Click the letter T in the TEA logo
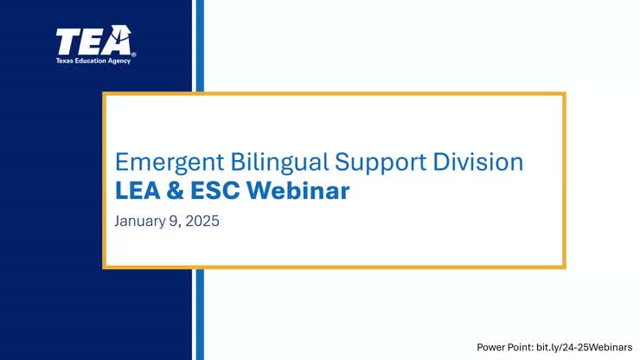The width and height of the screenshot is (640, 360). click(x=67, y=41)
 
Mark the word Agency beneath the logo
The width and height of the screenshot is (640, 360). click(x=121, y=61)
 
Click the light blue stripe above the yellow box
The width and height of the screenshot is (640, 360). click(x=199, y=43)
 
